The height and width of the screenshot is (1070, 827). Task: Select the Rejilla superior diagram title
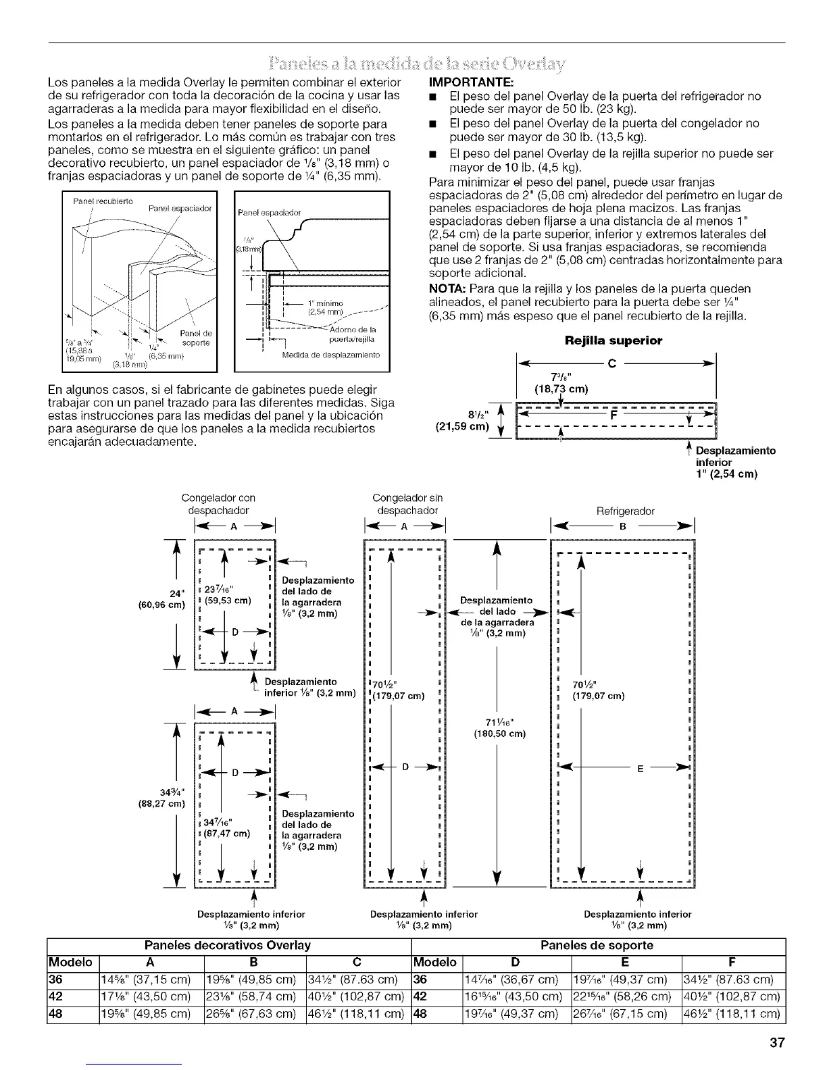click(x=613, y=341)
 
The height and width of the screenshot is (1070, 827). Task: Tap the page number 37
click(x=776, y=1042)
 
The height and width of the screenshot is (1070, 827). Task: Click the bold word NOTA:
click(x=446, y=288)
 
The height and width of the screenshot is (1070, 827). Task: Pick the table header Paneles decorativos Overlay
click(x=228, y=944)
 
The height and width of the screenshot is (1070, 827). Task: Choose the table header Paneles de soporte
click(x=597, y=944)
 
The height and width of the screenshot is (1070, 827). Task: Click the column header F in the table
click(x=733, y=961)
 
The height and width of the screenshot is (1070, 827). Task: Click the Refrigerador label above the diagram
click(x=625, y=511)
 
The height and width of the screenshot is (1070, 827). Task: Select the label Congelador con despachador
click(x=218, y=505)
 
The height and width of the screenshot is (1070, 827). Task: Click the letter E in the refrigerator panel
click(x=638, y=768)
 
